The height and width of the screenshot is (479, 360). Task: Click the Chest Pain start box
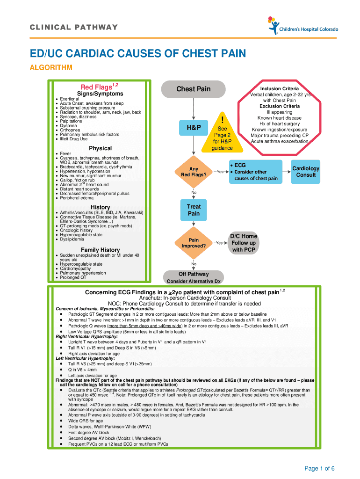(193, 89)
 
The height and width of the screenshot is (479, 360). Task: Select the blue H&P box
(193, 128)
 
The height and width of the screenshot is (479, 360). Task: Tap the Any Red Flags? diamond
(193, 172)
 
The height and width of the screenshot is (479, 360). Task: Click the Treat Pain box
(194, 210)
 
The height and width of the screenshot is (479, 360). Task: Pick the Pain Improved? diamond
(193, 243)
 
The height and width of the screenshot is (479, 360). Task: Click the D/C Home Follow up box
(243, 243)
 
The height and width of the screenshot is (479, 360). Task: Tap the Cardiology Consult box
(306, 172)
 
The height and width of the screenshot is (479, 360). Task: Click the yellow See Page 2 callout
(223, 135)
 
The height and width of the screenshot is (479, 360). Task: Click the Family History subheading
(100, 250)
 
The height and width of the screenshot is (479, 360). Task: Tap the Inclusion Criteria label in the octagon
(279, 89)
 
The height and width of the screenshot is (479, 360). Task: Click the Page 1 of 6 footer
(319, 468)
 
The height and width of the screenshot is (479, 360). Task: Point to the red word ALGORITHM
(51, 68)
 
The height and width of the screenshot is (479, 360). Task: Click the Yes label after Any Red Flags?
(220, 172)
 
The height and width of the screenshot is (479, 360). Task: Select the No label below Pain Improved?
(194, 263)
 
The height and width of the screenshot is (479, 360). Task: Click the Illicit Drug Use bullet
(73, 139)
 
